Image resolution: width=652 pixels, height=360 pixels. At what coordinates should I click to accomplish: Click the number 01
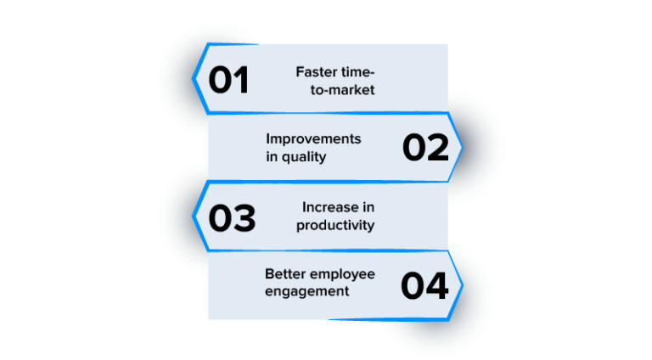[x=229, y=80]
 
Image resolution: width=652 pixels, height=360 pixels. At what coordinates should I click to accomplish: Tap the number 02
[x=425, y=148]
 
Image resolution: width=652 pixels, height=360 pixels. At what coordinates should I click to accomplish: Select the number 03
[x=232, y=217]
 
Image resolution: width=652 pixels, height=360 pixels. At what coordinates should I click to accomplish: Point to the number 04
[x=424, y=286]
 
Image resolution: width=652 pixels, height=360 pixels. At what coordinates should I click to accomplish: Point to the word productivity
[x=335, y=225]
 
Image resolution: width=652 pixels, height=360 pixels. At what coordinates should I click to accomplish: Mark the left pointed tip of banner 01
[x=195, y=79]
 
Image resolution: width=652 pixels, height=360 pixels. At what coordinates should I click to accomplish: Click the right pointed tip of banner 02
[x=462, y=148]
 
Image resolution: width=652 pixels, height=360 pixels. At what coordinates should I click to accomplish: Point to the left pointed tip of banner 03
[x=195, y=216]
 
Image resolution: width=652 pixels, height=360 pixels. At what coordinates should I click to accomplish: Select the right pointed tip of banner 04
[x=462, y=286]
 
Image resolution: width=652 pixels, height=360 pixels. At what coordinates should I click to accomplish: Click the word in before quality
[x=271, y=157]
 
